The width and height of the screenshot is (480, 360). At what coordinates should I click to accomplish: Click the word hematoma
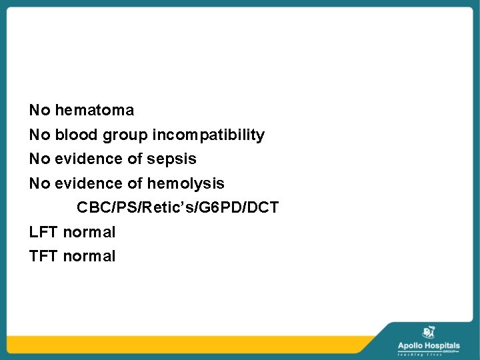(x=94, y=110)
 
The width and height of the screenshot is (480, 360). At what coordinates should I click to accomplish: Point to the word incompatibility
(x=209, y=135)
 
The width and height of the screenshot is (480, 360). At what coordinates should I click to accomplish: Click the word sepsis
(x=172, y=159)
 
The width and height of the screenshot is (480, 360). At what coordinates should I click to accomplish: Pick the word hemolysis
(x=185, y=183)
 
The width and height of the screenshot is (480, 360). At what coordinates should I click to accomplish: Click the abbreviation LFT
(x=43, y=232)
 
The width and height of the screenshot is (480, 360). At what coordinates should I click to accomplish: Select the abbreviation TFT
(x=43, y=256)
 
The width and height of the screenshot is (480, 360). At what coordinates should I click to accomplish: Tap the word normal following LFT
(x=89, y=232)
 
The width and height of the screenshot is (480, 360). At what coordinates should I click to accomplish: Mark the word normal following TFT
(x=89, y=256)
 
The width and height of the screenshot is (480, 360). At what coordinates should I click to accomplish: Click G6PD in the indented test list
(x=217, y=208)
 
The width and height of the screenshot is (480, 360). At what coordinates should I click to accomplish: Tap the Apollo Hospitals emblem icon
(x=429, y=333)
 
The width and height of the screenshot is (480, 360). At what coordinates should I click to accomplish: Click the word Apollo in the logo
(x=411, y=345)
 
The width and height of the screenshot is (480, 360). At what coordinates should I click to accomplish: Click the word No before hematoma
(x=39, y=110)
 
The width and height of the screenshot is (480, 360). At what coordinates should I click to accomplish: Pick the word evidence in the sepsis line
(x=89, y=159)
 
